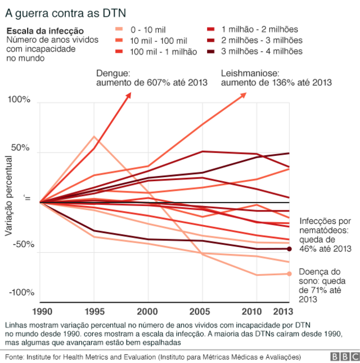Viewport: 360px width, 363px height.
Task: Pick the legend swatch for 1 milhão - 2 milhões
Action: click(x=211, y=29)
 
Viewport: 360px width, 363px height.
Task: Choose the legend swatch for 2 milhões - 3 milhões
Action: click(x=211, y=41)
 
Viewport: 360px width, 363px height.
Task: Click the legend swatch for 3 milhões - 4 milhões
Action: click(x=211, y=51)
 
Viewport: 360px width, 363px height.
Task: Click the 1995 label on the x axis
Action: click(x=93, y=312)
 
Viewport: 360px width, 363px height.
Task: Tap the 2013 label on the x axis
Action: click(x=289, y=312)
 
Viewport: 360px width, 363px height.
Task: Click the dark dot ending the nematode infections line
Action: click(x=289, y=249)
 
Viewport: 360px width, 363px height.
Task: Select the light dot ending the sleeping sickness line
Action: click(x=289, y=274)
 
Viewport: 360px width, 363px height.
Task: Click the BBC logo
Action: click(x=342, y=356)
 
